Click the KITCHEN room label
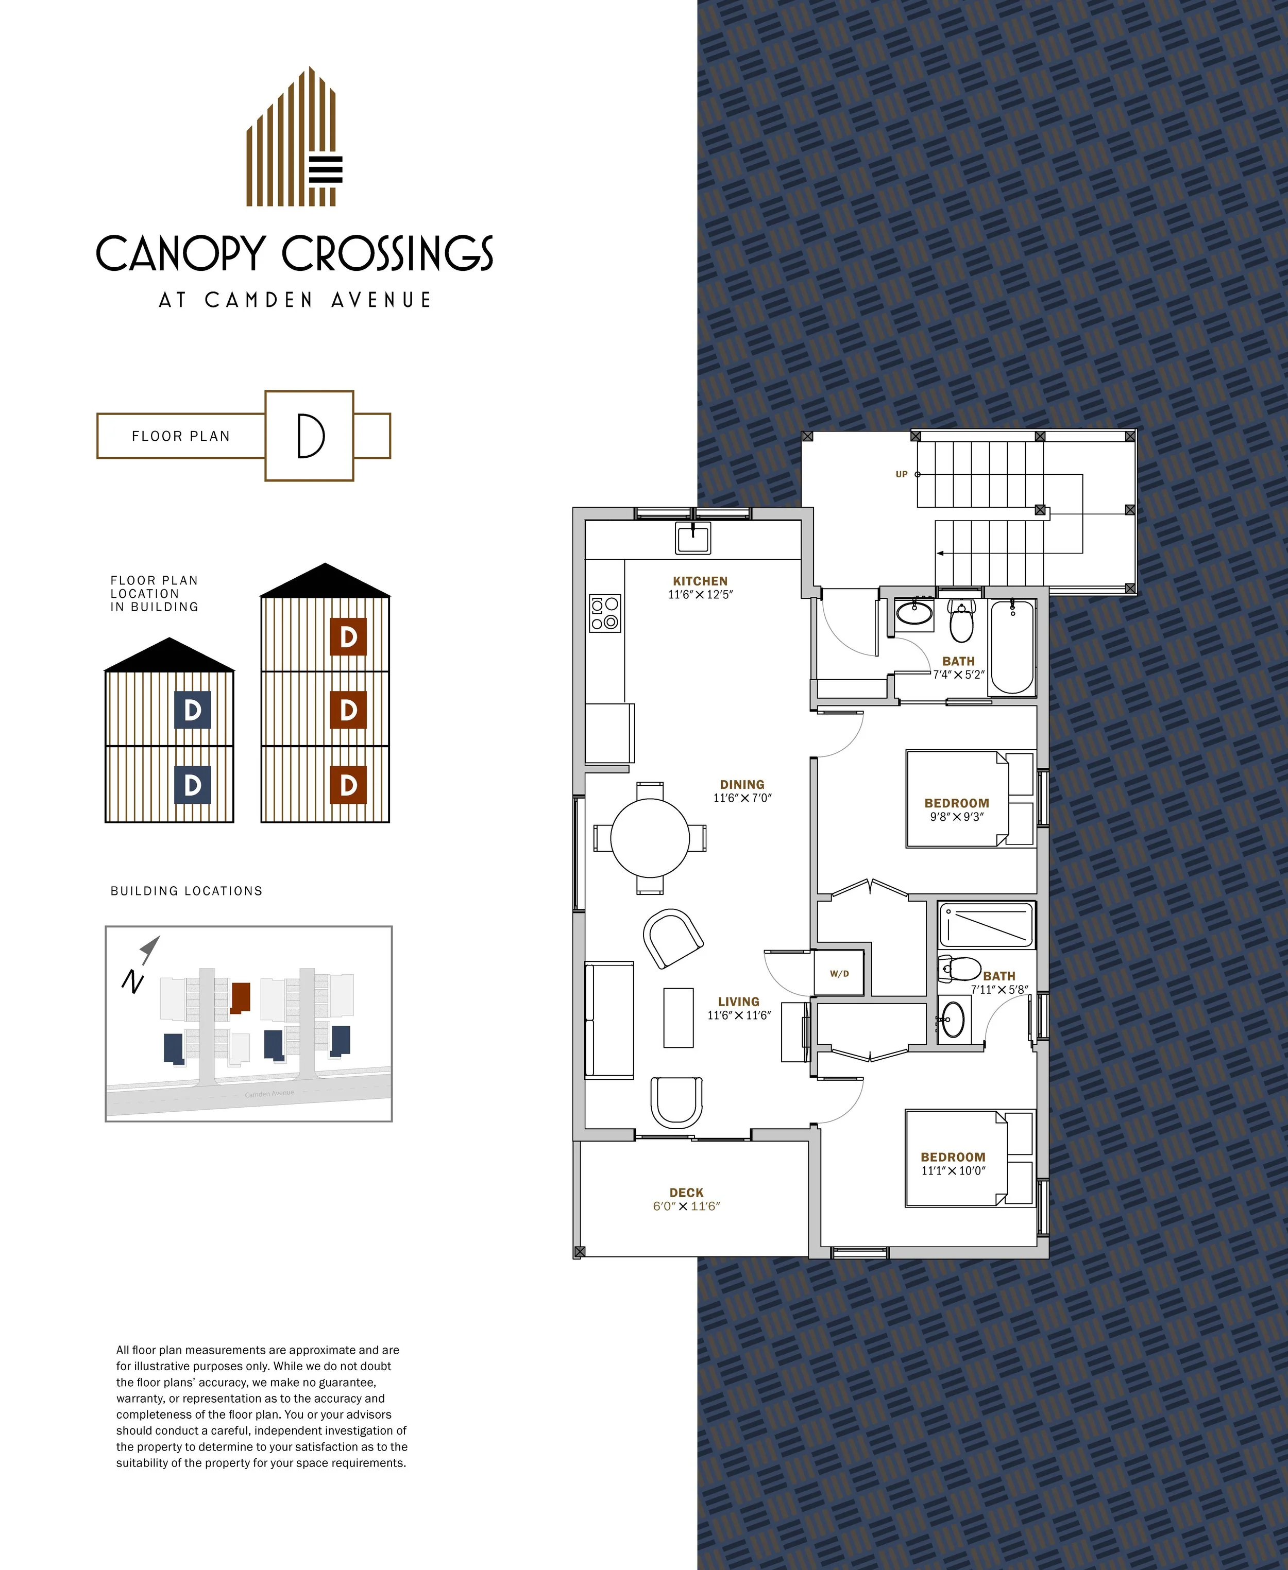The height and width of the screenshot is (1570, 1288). (x=700, y=581)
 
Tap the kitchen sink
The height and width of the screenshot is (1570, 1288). (x=693, y=538)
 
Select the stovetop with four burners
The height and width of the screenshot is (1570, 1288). (x=605, y=613)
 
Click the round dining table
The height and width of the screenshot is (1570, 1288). (x=650, y=838)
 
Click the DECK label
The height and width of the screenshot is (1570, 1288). (x=686, y=1193)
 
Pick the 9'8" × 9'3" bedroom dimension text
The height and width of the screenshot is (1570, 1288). (x=956, y=817)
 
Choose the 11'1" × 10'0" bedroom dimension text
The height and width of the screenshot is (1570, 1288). (x=954, y=1170)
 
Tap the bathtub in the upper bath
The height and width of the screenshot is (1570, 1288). (x=1012, y=647)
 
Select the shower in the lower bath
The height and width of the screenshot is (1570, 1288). (x=986, y=924)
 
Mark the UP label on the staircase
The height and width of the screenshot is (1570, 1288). (x=902, y=474)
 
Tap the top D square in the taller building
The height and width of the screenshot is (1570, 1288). (x=348, y=636)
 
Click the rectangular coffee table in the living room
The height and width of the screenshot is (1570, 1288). (x=678, y=1017)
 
